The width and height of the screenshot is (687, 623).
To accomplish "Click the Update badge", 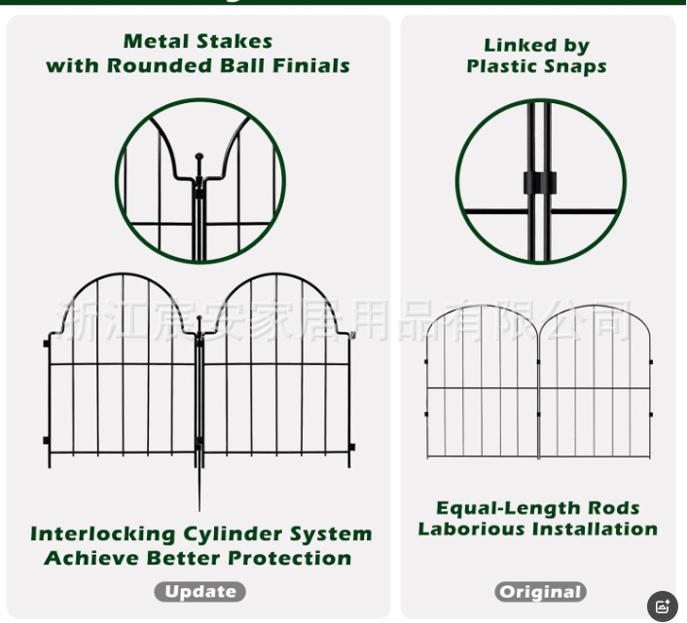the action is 199,591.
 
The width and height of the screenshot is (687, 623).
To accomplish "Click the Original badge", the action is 539,592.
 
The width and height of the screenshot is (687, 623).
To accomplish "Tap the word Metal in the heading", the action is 157,41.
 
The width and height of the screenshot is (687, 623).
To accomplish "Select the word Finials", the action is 312,66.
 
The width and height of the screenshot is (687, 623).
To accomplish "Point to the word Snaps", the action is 576,66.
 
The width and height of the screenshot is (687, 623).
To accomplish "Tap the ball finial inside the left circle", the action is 199,156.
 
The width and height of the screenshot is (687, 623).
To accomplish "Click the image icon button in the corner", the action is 663,605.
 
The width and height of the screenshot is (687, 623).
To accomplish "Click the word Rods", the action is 614,508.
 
